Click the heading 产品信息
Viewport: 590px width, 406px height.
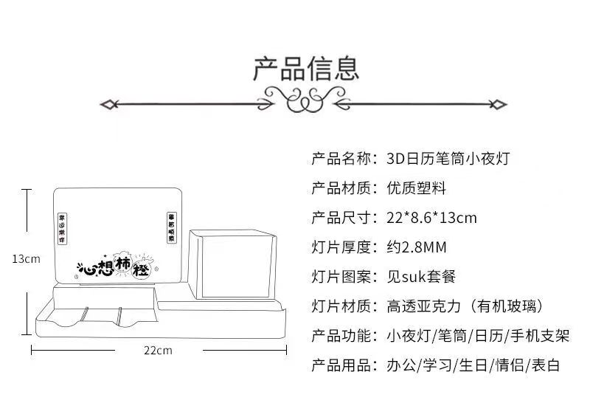coord(306,67)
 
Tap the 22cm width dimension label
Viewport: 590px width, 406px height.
coord(159,350)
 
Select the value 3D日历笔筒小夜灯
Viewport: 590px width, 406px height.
coord(448,159)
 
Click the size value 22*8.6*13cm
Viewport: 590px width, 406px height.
coord(431,218)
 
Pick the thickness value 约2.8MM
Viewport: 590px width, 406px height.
coord(417,247)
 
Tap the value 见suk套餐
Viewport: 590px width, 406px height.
coord(421,277)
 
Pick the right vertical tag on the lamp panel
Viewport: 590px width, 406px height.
coord(171,228)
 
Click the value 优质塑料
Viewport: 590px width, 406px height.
coord(417,188)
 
